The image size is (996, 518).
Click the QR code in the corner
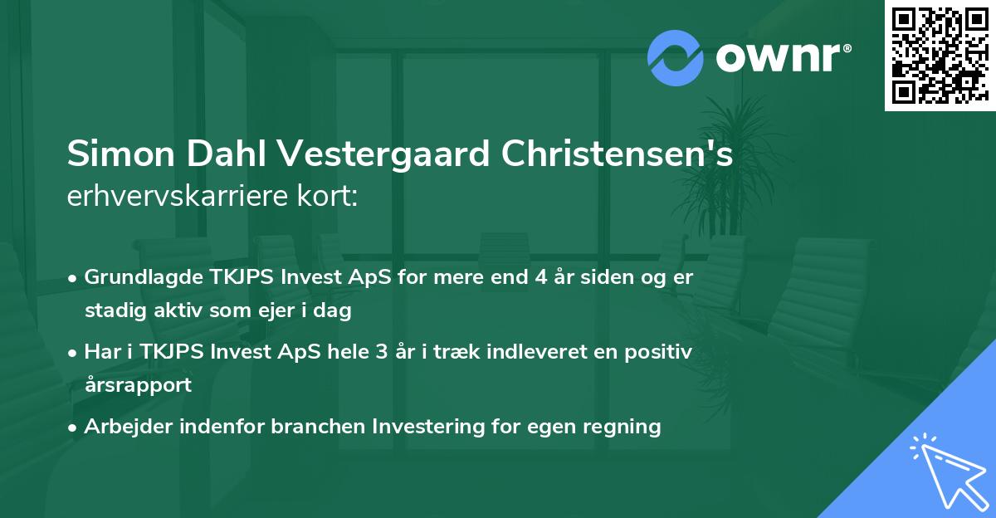[x=940, y=56]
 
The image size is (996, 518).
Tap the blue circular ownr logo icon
[x=676, y=57]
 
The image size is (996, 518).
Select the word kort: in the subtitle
[x=330, y=198]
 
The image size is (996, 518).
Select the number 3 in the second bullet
[x=381, y=351]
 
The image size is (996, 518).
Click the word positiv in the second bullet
[x=662, y=351]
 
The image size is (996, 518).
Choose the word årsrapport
[x=138, y=385]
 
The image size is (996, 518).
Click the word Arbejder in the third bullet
[x=124, y=427]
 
